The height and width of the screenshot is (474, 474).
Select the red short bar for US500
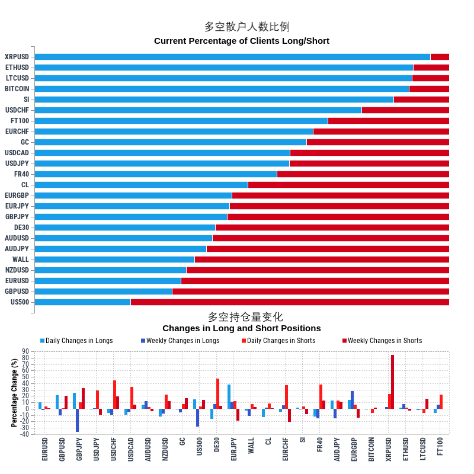290,302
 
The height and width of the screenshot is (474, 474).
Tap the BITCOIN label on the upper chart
17,89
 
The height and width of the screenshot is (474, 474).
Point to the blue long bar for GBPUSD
103,292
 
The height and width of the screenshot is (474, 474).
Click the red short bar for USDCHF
405,110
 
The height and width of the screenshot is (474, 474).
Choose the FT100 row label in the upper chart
20,121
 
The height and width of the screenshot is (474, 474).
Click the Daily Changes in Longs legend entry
76,341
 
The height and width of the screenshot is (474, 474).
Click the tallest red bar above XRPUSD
392,382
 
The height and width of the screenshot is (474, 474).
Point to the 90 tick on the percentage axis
25,351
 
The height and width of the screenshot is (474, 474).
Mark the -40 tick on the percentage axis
25,434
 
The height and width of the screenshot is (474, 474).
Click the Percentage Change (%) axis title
14,393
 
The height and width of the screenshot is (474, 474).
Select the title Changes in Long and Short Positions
242,328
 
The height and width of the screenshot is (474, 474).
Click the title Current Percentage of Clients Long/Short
242,41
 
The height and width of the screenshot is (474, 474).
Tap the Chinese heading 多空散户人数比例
246,27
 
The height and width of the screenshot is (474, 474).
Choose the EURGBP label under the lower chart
354,449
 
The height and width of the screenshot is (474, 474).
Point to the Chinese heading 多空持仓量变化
245,317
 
